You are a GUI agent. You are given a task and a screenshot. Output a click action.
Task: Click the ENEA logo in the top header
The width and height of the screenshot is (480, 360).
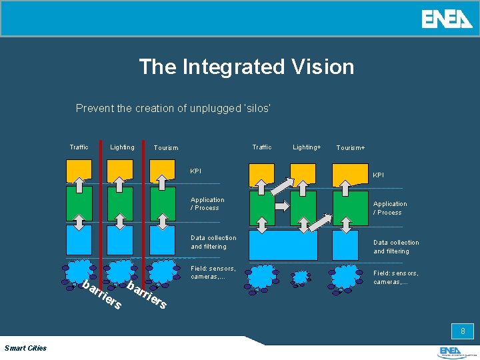tap(447, 19)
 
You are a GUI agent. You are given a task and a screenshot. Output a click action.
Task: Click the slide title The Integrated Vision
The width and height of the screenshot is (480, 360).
tap(247, 67)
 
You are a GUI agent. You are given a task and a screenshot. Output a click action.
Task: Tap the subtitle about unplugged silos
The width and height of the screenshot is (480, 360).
tap(173, 108)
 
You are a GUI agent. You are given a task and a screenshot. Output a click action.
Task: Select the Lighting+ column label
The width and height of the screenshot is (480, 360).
tap(307, 147)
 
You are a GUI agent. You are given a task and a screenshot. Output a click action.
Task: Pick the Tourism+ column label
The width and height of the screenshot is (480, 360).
tap(351, 147)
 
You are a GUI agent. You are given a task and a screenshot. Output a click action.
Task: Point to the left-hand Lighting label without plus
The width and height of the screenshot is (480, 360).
tap(122, 147)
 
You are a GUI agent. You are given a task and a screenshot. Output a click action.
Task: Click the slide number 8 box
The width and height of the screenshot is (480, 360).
tap(462, 331)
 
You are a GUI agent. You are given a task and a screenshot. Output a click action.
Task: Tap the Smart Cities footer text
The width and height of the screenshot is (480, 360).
tap(25, 348)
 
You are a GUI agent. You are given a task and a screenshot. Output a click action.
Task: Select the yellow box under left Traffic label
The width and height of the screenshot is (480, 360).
tap(79, 171)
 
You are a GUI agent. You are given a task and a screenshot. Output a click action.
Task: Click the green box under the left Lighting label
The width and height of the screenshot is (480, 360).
tap(121, 203)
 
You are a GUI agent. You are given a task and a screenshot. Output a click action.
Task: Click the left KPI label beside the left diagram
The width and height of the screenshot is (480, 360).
tap(195, 171)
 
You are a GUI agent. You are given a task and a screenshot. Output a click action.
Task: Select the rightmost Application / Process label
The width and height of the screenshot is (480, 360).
tap(390, 208)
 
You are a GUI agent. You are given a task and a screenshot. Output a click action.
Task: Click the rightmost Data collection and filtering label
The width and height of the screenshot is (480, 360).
tap(396, 247)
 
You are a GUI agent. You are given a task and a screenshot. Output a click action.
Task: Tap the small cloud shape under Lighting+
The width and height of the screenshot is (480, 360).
tap(301, 276)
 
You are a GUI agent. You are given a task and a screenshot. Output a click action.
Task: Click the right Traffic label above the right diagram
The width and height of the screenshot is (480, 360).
tap(262, 147)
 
